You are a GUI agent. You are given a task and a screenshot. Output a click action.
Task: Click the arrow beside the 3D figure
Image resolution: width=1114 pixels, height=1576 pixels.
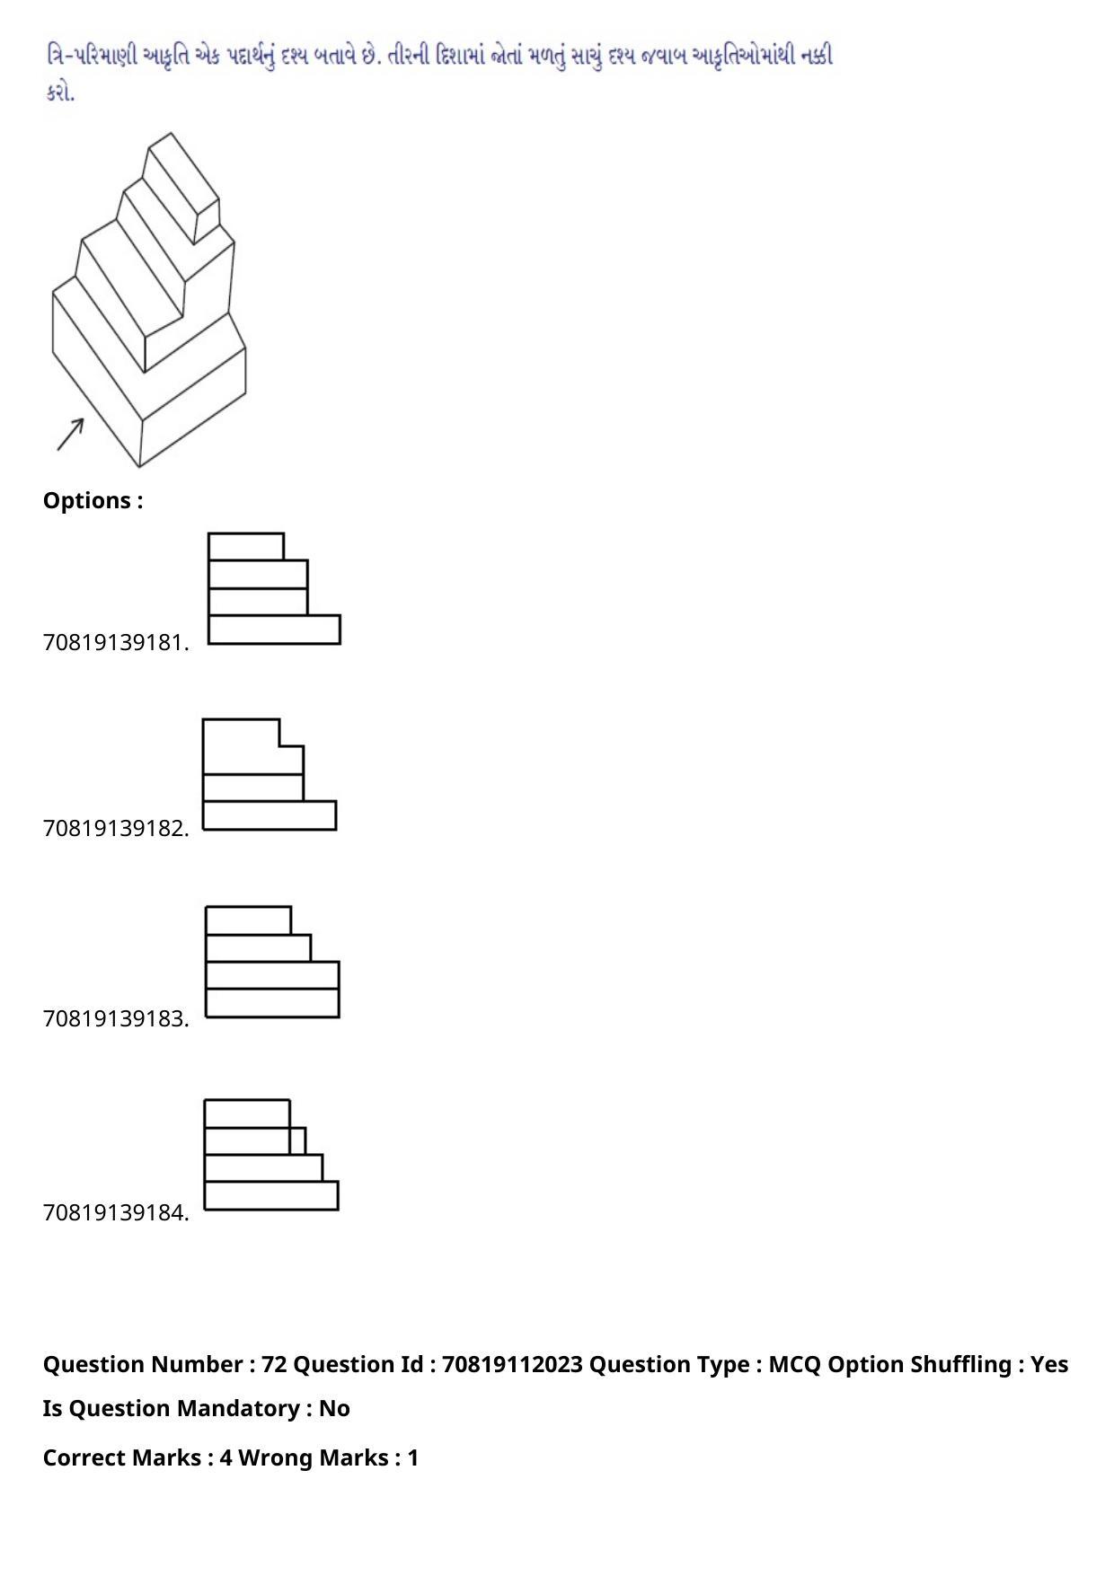70,435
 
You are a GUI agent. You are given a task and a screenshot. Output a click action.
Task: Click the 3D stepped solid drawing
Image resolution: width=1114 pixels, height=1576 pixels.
149,300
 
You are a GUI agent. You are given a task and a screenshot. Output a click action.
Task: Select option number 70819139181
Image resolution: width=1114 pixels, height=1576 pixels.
116,643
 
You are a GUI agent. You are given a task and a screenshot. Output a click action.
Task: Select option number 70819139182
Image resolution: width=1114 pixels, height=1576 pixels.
116,828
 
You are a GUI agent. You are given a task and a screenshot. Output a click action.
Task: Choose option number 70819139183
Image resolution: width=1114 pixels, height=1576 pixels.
116,1018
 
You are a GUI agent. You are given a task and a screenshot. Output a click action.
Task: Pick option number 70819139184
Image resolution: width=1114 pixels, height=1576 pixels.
116,1212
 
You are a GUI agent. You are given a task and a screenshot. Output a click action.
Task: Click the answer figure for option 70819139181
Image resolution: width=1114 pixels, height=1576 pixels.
274,588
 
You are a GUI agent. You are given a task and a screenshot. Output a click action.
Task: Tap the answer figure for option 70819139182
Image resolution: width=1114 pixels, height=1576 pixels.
270,774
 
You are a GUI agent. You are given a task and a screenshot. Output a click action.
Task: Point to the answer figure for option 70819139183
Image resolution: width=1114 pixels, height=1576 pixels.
272,962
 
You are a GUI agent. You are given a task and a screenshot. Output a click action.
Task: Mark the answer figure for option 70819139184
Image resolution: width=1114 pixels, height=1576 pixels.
271,1155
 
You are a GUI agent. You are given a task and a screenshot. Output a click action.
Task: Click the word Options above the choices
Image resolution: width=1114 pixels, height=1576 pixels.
87,501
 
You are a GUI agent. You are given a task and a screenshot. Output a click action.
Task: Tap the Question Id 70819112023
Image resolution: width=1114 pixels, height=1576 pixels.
512,1364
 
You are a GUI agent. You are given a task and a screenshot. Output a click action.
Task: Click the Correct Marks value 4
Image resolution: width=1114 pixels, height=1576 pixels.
225,1457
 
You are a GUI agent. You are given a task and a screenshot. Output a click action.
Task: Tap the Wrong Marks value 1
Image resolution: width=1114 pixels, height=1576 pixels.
413,1457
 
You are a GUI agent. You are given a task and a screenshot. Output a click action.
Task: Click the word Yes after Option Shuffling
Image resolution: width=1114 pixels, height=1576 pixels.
1049,1364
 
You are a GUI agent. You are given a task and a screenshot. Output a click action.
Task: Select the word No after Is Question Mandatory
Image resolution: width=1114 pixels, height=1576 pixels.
334,1408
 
